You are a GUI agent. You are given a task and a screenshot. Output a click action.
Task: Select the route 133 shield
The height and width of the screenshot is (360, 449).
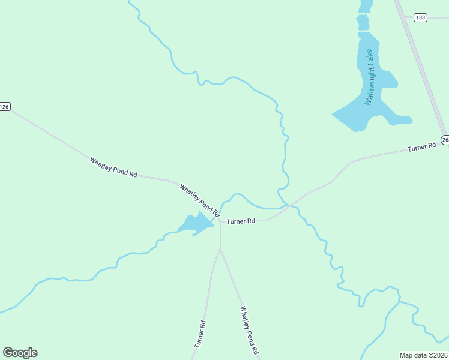click(x=420, y=17)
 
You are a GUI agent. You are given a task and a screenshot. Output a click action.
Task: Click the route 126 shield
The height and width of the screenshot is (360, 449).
click(x=5, y=107)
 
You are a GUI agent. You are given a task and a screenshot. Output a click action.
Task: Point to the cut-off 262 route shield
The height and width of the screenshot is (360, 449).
click(x=445, y=140)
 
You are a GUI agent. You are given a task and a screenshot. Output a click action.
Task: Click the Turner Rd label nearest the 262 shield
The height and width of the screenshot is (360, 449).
click(x=421, y=147)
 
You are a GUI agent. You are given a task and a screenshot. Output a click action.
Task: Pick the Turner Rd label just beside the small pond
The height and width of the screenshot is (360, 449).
click(x=241, y=221)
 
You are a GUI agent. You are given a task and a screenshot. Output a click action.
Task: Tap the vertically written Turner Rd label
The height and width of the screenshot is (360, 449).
click(x=200, y=335)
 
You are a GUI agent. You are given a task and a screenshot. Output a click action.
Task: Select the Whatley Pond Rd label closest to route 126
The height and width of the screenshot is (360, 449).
click(x=113, y=167)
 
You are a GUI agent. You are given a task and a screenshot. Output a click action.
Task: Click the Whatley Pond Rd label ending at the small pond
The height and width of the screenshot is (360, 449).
click(x=199, y=200)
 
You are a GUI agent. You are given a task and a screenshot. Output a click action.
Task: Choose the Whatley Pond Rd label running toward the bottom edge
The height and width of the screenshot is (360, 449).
click(x=249, y=330)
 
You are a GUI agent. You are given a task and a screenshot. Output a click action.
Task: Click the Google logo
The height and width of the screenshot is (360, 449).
click(x=20, y=353)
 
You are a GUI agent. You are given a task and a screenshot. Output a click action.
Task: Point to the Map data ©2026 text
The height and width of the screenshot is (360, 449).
click(x=423, y=355)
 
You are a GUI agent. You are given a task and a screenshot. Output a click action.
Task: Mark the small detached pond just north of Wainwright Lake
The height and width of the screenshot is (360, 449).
click(x=363, y=23)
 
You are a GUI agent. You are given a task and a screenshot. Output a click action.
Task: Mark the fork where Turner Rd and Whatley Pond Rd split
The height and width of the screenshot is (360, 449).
click(x=220, y=250)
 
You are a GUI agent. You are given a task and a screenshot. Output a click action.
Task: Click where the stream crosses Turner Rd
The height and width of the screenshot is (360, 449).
click(x=290, y=205)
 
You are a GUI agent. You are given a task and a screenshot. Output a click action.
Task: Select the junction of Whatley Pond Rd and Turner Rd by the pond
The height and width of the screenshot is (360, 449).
click(x=220, y=221)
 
